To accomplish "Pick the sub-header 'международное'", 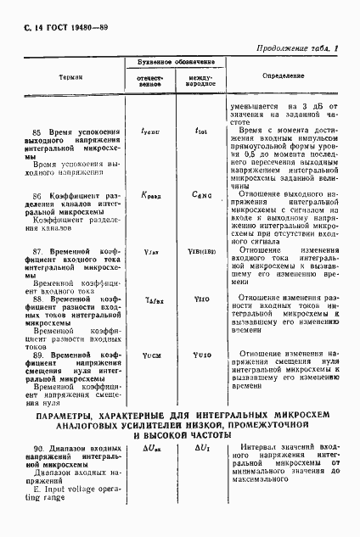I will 201,81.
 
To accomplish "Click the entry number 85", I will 37,132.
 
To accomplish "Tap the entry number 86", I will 37,194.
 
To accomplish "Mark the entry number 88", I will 37,299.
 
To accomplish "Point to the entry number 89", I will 37,353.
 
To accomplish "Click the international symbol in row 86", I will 201,194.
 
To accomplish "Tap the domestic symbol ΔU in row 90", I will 149,446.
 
